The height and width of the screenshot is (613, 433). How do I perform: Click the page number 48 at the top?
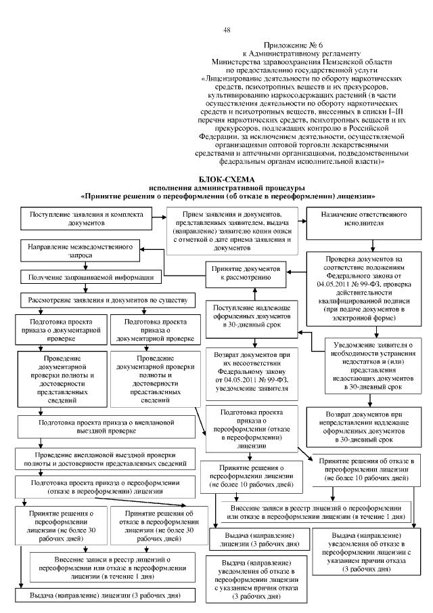tap(226, 30)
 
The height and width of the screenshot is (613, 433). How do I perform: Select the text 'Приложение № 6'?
tap(300, 44)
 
